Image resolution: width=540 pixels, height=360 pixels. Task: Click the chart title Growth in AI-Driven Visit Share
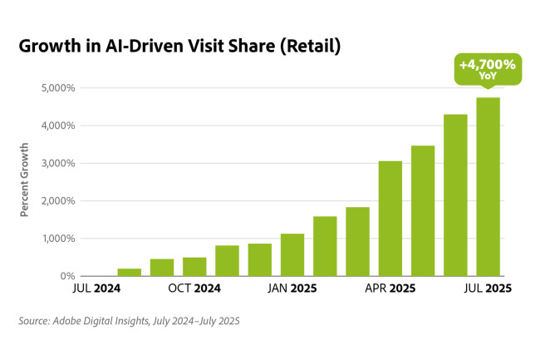(179, 47)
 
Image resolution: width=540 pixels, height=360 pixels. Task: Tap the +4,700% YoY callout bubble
(488, 68)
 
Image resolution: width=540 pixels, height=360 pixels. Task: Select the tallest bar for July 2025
(488, 186)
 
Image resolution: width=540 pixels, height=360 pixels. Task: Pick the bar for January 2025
(292, 254)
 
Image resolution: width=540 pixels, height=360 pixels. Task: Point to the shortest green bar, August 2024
(129, 272)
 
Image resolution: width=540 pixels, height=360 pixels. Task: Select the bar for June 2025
(455, 195)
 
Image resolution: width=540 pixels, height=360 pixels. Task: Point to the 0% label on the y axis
(67, 276)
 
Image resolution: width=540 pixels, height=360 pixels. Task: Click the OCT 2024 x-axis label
(194, 289)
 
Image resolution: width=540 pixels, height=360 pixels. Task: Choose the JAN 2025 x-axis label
(292, 289)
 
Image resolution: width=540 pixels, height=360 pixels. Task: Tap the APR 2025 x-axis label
(390, 289)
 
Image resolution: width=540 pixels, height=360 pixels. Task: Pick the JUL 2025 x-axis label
(487, 289)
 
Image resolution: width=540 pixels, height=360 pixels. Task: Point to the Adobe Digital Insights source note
(129, 320)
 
